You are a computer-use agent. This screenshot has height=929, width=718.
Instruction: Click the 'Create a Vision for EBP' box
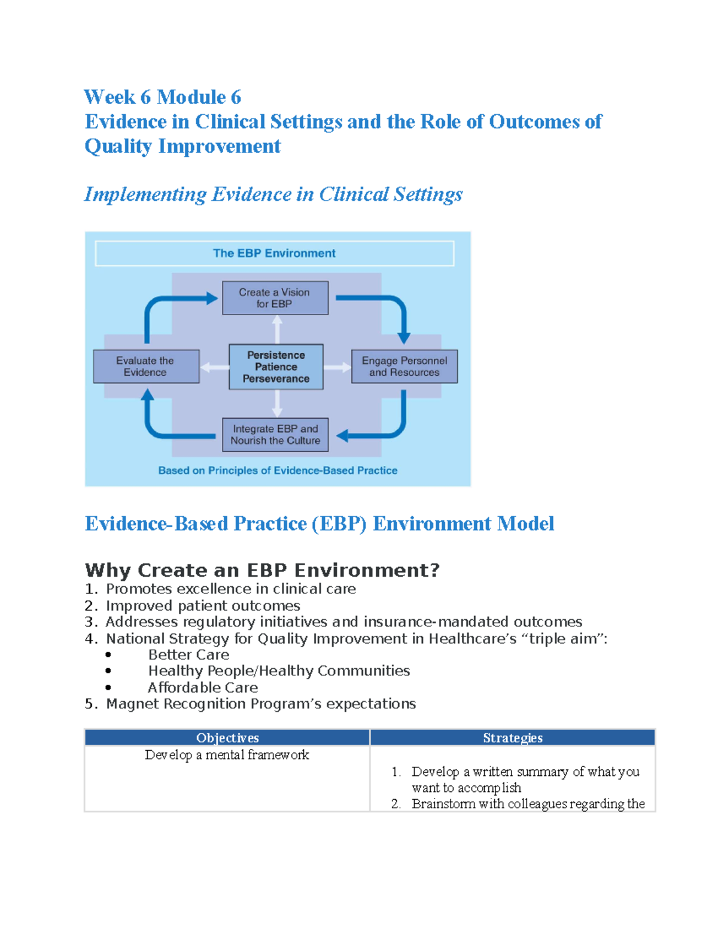point(275,298)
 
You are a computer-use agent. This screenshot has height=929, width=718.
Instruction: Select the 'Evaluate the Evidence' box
point(145,366)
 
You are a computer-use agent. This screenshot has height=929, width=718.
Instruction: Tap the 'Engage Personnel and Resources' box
point(404,366)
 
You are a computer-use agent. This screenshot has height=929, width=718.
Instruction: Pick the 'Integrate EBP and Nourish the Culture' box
point(275,434)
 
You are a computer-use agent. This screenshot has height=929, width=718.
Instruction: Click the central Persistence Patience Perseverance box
point(276,367)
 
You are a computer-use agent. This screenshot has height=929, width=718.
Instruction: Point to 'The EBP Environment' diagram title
point(274,253)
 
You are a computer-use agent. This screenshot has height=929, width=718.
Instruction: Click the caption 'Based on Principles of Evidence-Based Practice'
point(278,470)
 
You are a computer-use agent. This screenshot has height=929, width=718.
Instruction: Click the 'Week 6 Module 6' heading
point(162,97)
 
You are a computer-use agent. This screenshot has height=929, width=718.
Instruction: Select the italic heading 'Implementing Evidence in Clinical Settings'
point(273,194)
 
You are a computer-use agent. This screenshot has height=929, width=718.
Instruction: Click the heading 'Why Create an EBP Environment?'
point(262,570)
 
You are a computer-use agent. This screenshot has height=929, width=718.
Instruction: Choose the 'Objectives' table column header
point(227,738)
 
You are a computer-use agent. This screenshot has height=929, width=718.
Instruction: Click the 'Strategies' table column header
point(513,738)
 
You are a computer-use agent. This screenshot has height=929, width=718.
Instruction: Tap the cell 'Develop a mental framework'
point(227,755)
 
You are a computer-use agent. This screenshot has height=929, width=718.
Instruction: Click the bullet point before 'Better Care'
point(108,655)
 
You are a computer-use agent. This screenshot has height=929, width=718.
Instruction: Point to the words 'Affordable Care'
point(203,687)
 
